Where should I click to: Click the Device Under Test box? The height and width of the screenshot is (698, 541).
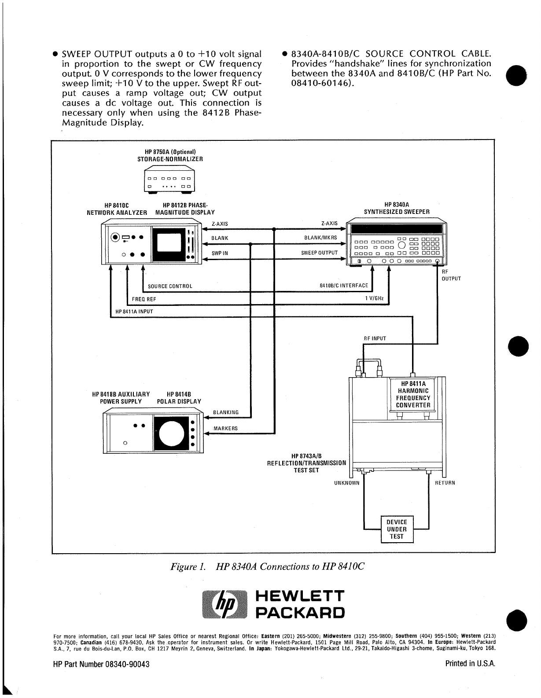[x=397, y=529]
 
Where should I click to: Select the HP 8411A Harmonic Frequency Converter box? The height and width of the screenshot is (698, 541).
[x=413, y=394]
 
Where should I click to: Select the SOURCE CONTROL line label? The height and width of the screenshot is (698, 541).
[x=170, y=287]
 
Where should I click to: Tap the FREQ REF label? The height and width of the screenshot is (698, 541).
[x=144, y=299]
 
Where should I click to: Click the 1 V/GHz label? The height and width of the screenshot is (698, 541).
[x=374, y=299]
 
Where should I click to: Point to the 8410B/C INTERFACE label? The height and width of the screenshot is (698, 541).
[x=344, y=286]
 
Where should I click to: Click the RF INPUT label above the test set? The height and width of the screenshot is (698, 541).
[x=375, y=338]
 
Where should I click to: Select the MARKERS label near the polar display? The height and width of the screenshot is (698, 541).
[x=225, y=429]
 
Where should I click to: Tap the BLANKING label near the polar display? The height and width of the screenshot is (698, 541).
[x=226, y=412]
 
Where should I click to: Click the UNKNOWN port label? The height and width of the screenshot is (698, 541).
[x=347, y=483]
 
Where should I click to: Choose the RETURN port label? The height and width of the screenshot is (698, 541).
[x=445, y=483]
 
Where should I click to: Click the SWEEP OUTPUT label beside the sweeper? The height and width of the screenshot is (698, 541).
[x=320, y=253]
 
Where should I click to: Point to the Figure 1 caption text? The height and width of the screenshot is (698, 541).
[x=268, y=566]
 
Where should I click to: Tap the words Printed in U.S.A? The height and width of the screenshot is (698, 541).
[x=471, y=664]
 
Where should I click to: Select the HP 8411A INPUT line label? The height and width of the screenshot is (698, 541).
[x=134, y=312]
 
